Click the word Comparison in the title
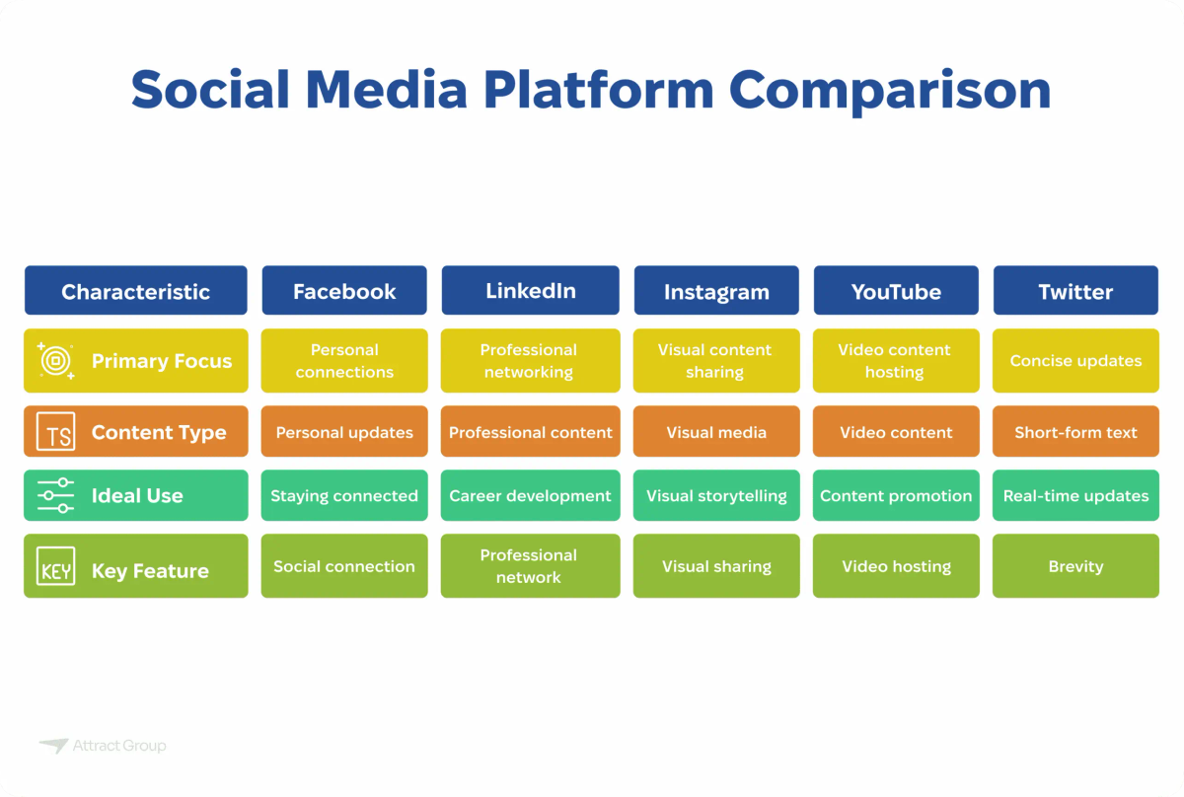[889, 91]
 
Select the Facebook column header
[344, 291]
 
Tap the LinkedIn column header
[531, 291]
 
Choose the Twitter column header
[1075, 291]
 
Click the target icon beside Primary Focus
[55, 361]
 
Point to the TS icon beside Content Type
[55, 433]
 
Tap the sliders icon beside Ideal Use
[55, 496]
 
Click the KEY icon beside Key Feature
[55, 570]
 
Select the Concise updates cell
[1075, 361]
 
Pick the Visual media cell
[716, 432]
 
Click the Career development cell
[531, 496]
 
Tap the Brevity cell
[1075, 566]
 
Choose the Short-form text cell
[1075, 432]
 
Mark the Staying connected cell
[344, 496]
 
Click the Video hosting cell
[896, 566]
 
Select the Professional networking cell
[531, 361]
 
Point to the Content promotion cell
[896, 496]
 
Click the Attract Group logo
[103, 747]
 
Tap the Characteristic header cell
[135, 291]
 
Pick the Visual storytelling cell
[716, 496]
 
